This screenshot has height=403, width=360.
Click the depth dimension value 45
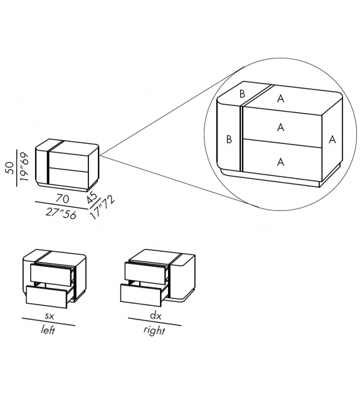pyautogui.click(x=92, y=196)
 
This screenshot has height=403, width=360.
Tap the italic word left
pyautogui.click(x=48, y=330)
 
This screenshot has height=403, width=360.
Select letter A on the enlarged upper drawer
pyautogui.click(x=280, y=127)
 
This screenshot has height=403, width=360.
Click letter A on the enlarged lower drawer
pyautogui.click(x=280, y=161)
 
